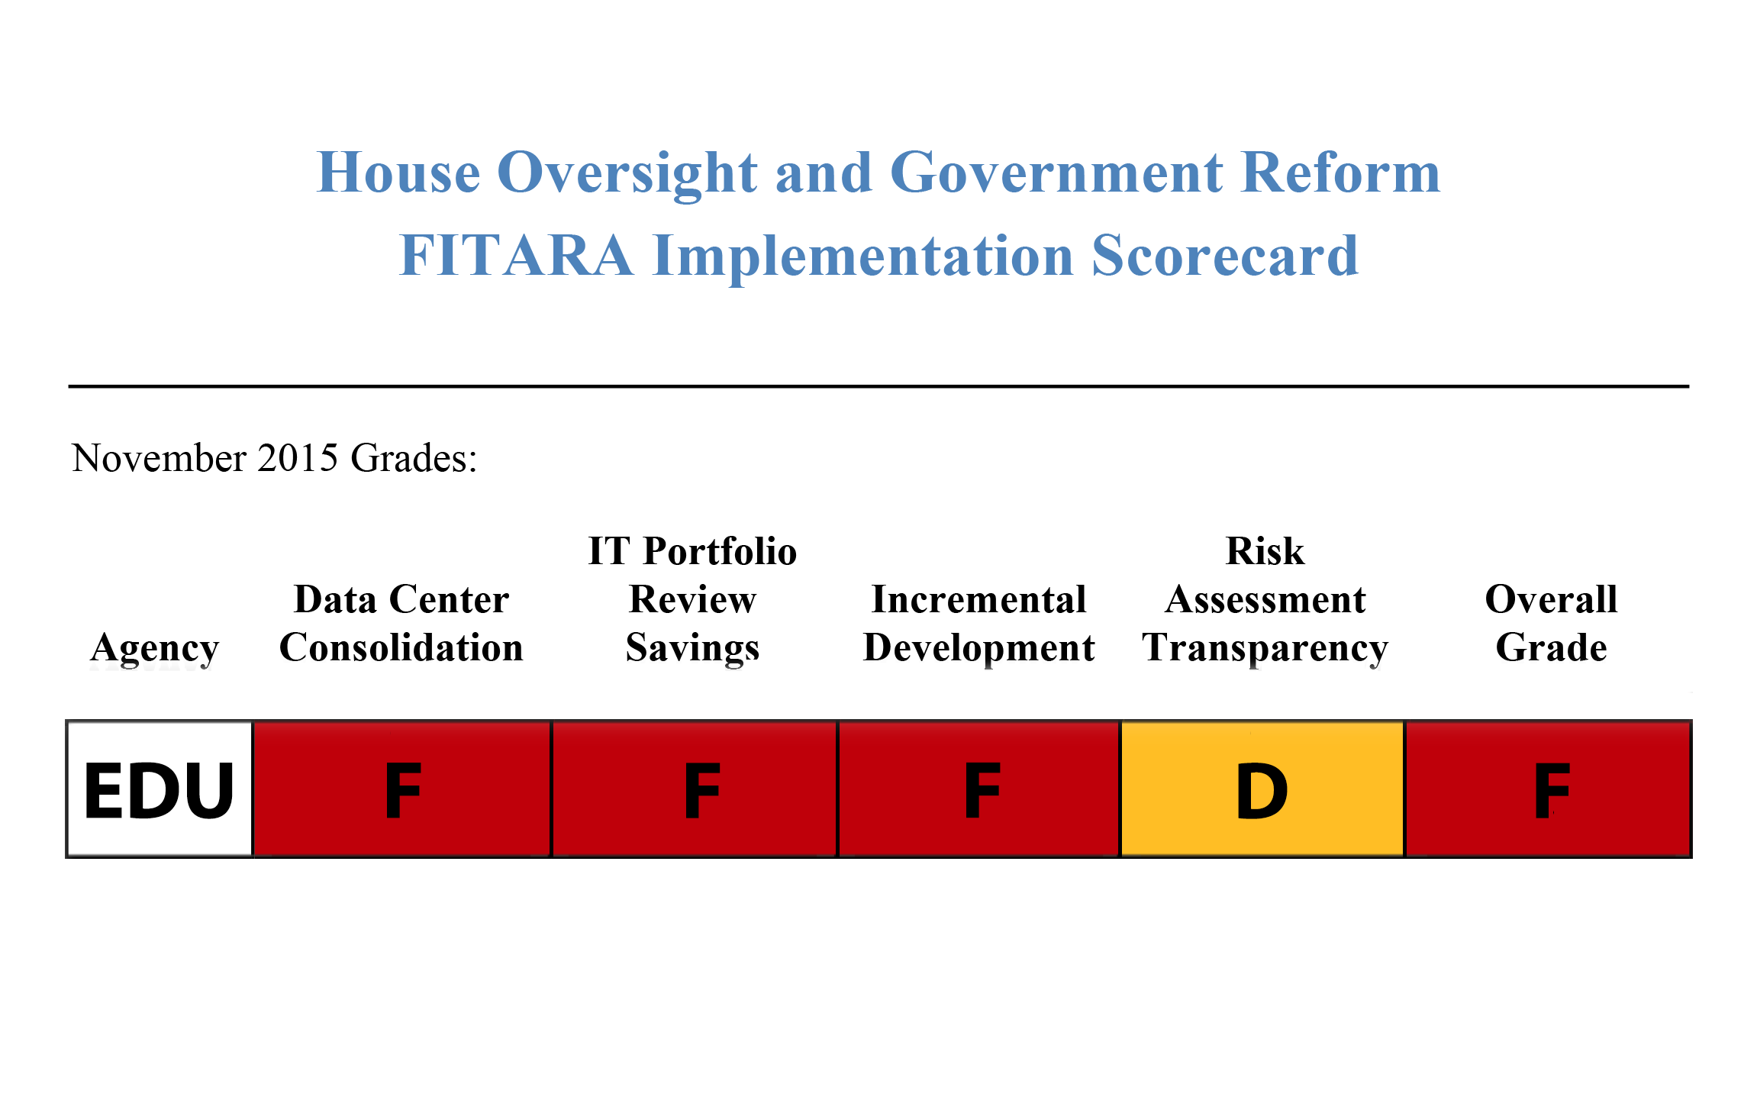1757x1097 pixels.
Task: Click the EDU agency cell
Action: tap(160, 789)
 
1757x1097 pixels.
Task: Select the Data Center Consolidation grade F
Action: tap(402, 789)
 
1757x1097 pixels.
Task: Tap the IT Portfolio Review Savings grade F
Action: tap(695, 789)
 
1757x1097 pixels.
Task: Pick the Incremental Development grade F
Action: tap(979, 789)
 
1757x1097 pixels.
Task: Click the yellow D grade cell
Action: tap(1262, 789)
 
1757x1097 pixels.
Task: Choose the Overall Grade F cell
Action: tap(1549, 789)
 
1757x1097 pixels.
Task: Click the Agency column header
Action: tap(154, 649)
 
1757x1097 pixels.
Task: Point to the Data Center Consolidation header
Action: tap(401, 623)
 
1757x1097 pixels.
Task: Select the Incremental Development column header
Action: tap(979, 624)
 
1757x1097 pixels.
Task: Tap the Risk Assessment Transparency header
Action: tap(1265, 599)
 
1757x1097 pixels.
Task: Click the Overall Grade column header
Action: tap(1551, 623)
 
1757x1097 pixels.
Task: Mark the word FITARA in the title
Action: tap(517, 255)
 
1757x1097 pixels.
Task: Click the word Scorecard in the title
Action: tap(1225, 255)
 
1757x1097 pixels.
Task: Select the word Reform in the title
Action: tap(1341, 173)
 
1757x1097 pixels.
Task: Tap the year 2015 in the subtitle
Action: tap(298, 457)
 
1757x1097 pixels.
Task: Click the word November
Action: tap(159, 457)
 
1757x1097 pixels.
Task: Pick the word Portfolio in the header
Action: tap(720, 550)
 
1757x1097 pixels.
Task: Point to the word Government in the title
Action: tap(1056, 173)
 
